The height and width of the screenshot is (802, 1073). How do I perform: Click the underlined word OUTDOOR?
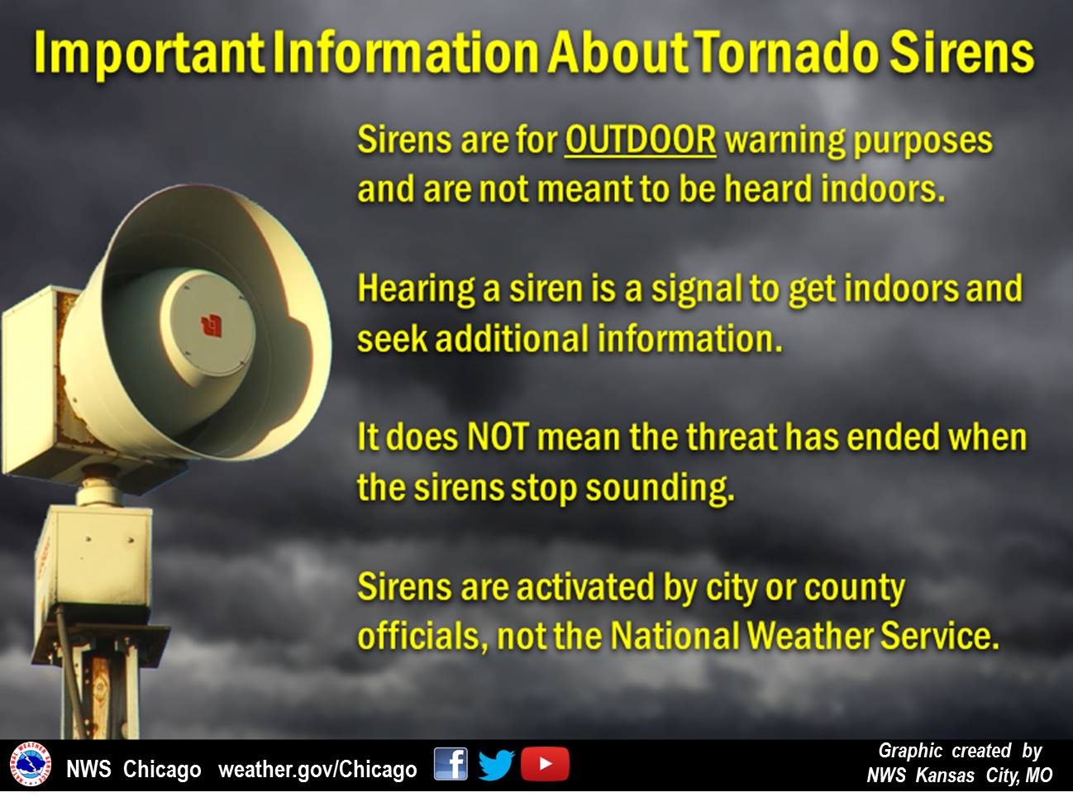tap(641, 141)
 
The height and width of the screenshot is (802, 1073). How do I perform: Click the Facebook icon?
tap(451, 763)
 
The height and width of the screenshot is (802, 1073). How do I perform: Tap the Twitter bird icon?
tap(496, 764)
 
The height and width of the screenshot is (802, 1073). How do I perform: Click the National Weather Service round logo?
tap(31, 763)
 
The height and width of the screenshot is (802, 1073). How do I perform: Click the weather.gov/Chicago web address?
tap(317, 769)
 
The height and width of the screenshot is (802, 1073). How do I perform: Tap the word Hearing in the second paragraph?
tap(416, 290)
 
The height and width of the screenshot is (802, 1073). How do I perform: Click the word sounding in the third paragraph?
tap(660, 489)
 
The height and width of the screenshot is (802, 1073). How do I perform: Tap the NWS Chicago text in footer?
tap(133, 769)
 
